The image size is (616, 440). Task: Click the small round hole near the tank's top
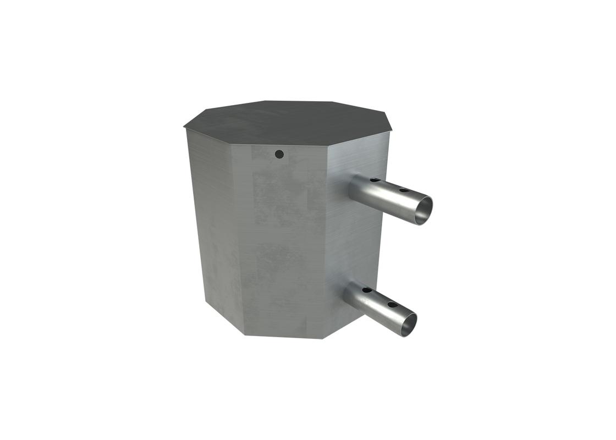[x=279, y=154]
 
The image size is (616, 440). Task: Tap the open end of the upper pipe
[x=423, y=210]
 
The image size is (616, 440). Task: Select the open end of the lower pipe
[x=408, y=324]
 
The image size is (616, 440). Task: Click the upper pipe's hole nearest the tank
[x=373, y=180]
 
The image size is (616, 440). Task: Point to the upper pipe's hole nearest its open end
[x=403, y=190]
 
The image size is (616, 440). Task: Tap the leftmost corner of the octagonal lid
[x=184, y=128]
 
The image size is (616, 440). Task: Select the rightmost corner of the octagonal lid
[x=392, y=130]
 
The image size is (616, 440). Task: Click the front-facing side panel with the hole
[x=286, y=237]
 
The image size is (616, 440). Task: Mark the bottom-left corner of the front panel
[x=244, y=334]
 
